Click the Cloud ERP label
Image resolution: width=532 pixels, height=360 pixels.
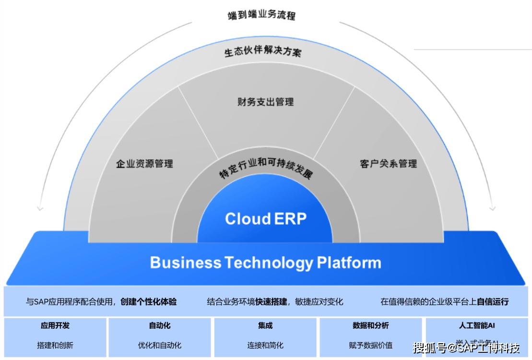pyautogui.click(x=265, y=219)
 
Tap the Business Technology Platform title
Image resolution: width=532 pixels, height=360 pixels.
pyautogui.click(x=265, y=263)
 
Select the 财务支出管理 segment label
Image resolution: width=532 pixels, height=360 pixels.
pyautogui.click(x=265, y=102)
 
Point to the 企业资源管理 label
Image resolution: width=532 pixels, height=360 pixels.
pyautogui.click(x=144, y=164)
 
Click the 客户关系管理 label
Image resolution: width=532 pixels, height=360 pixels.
pyautogui.click(x=388, y=164)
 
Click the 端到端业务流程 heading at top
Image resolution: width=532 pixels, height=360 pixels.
pyautogui.click(x=261, y=15)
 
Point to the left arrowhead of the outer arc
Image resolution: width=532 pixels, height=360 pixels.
pyautogui.click(x=40, y=208)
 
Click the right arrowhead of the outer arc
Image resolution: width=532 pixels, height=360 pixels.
pyautogui.click(x=492, y=208)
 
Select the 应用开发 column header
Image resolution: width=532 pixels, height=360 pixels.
pyautogui.click(x=55, y=325)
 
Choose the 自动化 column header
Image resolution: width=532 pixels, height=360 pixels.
pyautogui.click(x=160, y=325)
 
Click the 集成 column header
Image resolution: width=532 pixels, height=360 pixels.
pyautogui.click(x=265, y=325)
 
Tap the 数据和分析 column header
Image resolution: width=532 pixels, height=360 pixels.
pyautogui.click(x=370, y=325)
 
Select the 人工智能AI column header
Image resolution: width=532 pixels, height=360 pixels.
pyautogui.click(x=477, y=325)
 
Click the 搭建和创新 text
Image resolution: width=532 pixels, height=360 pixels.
pyautogui.click(x=55, y=345)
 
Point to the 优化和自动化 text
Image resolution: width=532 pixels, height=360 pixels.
pyautogui.click(x=160, y=345)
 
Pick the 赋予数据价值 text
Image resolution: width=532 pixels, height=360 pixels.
pyautogui.click(x=370, y=345)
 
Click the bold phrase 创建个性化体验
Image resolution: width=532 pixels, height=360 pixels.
pyautogui.click(x=149, y=302)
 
